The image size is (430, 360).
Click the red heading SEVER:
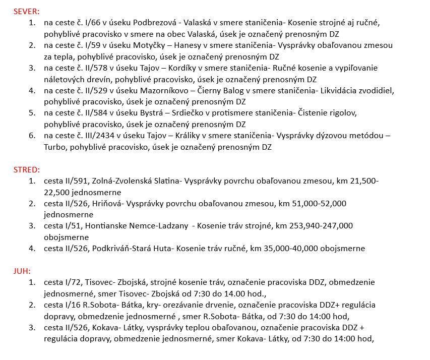26,11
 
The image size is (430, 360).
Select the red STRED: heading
26,169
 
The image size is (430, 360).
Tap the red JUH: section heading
23,271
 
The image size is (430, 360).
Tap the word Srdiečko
178,113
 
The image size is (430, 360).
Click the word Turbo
55,147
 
